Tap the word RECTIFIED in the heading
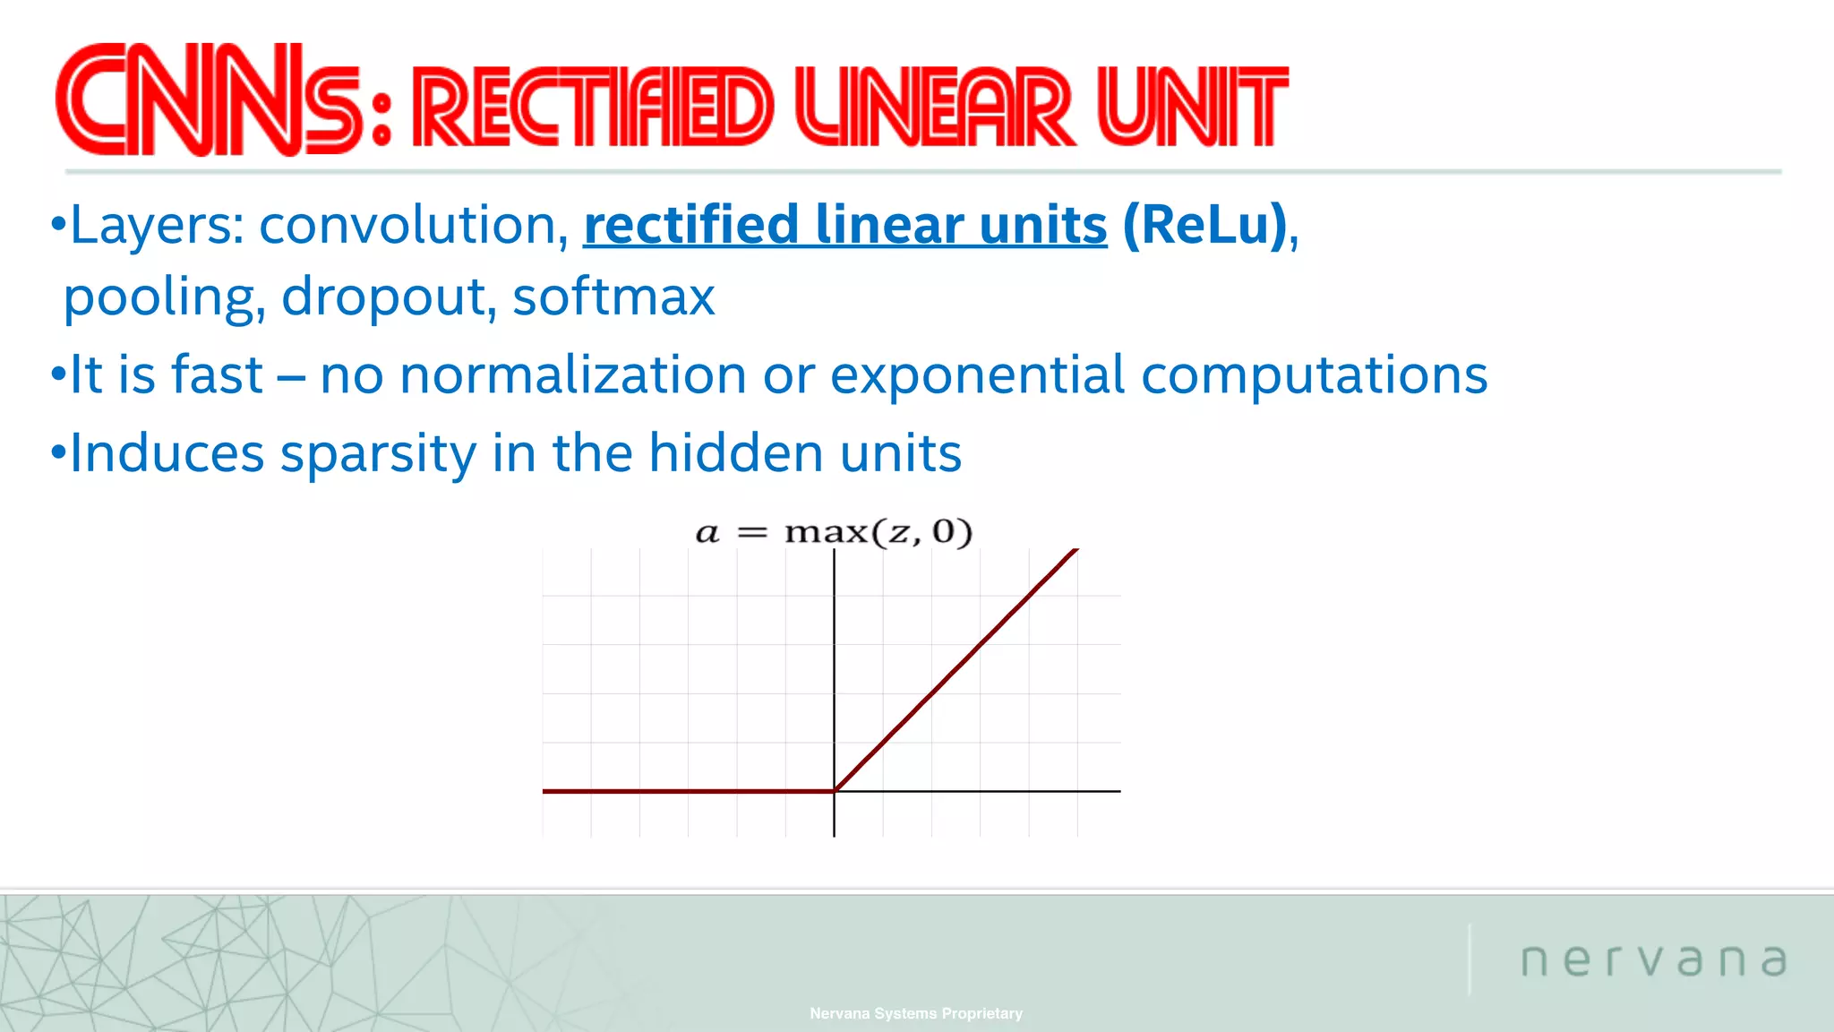[x=591, y=107]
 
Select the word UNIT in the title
[x=1191, y=107]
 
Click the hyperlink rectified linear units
[x=844, y=224]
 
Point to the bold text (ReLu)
[x=1204, y=224]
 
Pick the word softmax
[x=613, y=297]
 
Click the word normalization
[x=572, y=374]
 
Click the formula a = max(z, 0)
[x=834, y=532]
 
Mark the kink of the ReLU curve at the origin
[x=835, y=790]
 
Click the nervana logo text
[x=1653, y=959]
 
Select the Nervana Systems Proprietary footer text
[x=915, y=1013]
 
